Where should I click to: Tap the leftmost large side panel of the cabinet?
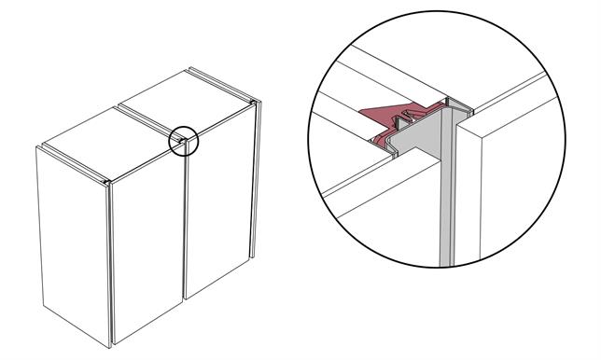coord(73,242)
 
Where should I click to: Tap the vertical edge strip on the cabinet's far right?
coord(253,187)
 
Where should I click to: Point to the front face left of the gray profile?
coord(373,205)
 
